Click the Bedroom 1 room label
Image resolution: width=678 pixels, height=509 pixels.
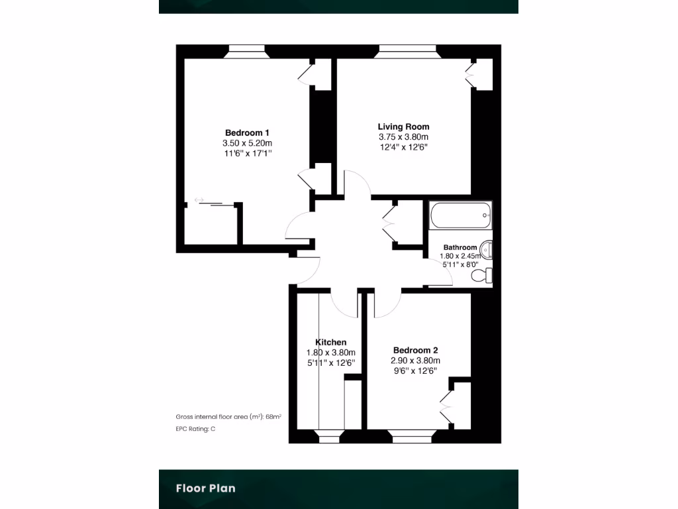click(x=247, y=132)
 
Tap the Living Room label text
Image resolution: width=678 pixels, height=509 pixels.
click(x=403, y=127)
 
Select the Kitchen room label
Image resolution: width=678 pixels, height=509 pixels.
click(x=330, y=342)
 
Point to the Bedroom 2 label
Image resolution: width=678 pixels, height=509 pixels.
click(x=415, y=350)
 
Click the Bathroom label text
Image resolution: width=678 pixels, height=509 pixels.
click(x=460, y=247)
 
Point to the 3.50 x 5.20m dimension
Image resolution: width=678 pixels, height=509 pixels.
click(x=248, y=142)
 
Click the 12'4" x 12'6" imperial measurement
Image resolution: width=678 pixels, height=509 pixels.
click(x=403, y=147)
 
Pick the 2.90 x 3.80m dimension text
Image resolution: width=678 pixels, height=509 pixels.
click(x=415, y=361)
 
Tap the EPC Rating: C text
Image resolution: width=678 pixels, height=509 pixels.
click(x=195, y=429)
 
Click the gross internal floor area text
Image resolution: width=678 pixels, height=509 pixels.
click(x=228, y=417)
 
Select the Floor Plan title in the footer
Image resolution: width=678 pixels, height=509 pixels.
click(x=205, y=488)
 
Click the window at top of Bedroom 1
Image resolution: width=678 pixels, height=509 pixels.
click(x=244, y=52)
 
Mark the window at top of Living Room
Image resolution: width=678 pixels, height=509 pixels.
click(x=407, y=52)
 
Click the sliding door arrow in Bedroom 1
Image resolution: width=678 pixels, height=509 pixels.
click(x=199, y=199)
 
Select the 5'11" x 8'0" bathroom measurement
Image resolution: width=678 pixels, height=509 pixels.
click(x=460, y=264)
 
